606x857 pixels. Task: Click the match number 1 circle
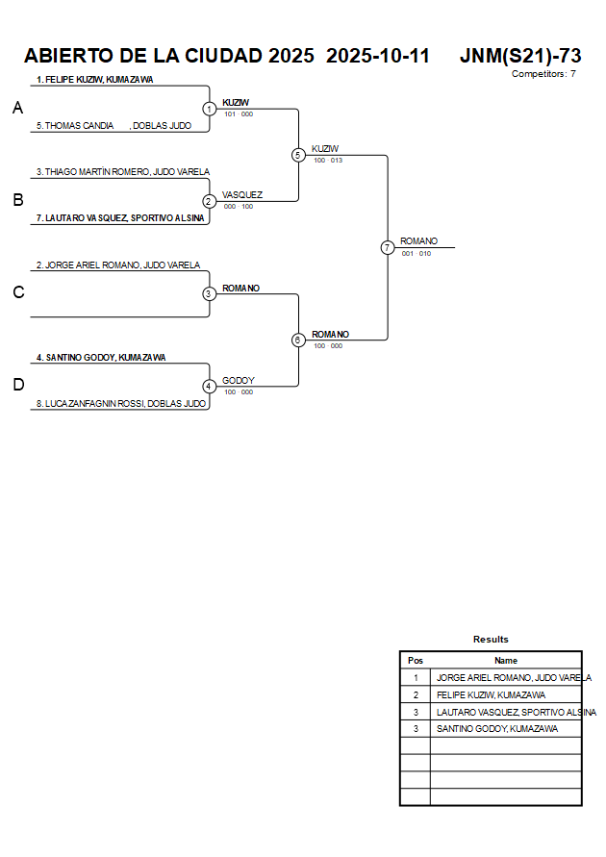point(209,109)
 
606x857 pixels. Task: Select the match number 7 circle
point(388,247)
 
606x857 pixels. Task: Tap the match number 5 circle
point(298,155)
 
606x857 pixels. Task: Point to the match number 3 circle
point(209,293)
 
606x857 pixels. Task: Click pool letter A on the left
point(17,109)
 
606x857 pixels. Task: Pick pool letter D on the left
point(17,386)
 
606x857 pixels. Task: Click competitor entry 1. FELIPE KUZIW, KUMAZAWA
point(94,80)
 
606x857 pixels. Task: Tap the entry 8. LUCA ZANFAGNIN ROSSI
point(121,404)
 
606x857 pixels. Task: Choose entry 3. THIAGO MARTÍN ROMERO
point(123,172)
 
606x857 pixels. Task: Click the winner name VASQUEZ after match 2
point(242,195)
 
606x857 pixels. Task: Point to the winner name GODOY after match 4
point(239,381)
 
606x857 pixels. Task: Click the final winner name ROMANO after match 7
point(419,241)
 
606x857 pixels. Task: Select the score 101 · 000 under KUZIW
point(239,114)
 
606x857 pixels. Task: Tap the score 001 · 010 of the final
point(417,254)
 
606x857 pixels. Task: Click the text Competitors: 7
point(543,74)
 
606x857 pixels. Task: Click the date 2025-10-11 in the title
point(378,56)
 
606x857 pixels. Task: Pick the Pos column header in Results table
point(416,661)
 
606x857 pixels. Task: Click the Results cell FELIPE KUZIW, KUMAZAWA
point(491,695)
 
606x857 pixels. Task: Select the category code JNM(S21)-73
point(520,56)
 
